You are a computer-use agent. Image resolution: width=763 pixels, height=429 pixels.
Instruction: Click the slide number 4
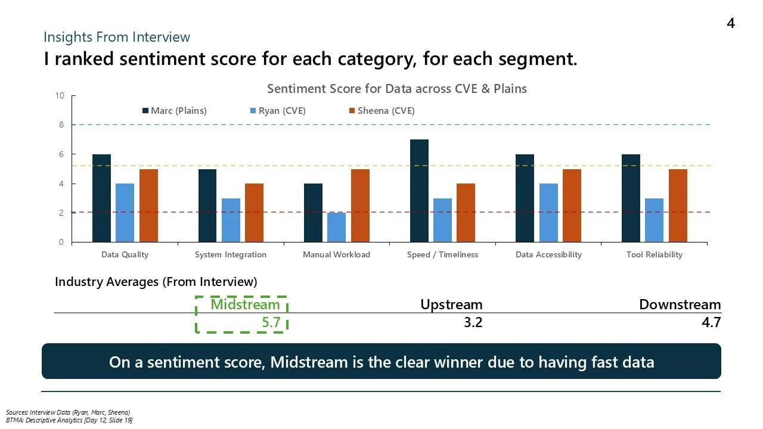(x=730, y=23)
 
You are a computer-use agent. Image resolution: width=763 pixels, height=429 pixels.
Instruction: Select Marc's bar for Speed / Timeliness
(x=418, y=191)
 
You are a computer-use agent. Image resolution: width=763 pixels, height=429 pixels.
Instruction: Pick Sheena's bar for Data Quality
(x=148, y=206)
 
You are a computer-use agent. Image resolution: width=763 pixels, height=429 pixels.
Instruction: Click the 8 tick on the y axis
(x=60, y=125)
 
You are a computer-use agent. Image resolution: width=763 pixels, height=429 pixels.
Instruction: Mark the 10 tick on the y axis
(x=58, y=96)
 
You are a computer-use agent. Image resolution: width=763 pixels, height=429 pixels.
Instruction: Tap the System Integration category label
(x=230, y=254)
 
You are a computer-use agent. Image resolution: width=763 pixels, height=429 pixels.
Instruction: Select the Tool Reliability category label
(x=654, y=254)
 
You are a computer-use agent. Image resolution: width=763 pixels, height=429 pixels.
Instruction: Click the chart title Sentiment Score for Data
(x=396, y=89)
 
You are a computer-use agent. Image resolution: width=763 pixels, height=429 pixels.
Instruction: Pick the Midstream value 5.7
(x=268, y=323)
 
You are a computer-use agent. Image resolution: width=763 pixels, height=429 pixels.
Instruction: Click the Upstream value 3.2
(x=470, y=323)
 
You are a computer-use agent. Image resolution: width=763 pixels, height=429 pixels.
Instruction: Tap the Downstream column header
(x=680, y=304)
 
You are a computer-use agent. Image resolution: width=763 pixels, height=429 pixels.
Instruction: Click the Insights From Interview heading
(x=117, y=37)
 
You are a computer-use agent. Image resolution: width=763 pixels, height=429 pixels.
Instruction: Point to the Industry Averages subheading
(x=156, y=281)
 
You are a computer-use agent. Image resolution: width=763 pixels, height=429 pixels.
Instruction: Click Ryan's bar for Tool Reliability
(x=654, y=220)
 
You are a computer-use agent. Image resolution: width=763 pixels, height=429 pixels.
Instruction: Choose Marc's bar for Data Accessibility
(x=525, y=198)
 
